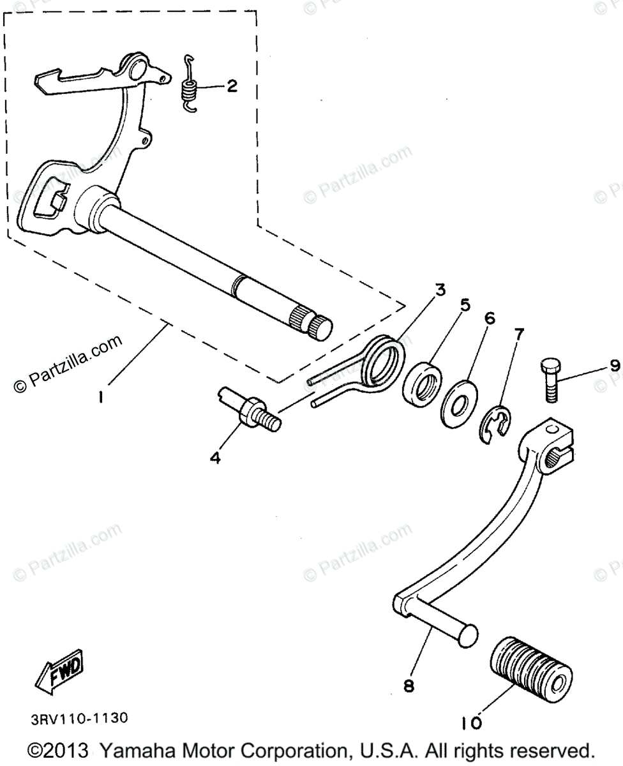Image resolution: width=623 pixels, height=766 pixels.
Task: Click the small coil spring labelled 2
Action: (189, 87)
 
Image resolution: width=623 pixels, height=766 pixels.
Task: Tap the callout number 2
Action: (231, 86)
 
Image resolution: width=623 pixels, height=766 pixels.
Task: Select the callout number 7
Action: (519, 333)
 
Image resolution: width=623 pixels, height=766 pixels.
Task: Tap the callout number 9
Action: (613, 365)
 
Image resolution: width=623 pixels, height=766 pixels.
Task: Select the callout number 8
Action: (409, 686)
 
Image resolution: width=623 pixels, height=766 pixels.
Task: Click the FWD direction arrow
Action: (59, 675)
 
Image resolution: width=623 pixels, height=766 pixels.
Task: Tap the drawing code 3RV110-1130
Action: (79, 718)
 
